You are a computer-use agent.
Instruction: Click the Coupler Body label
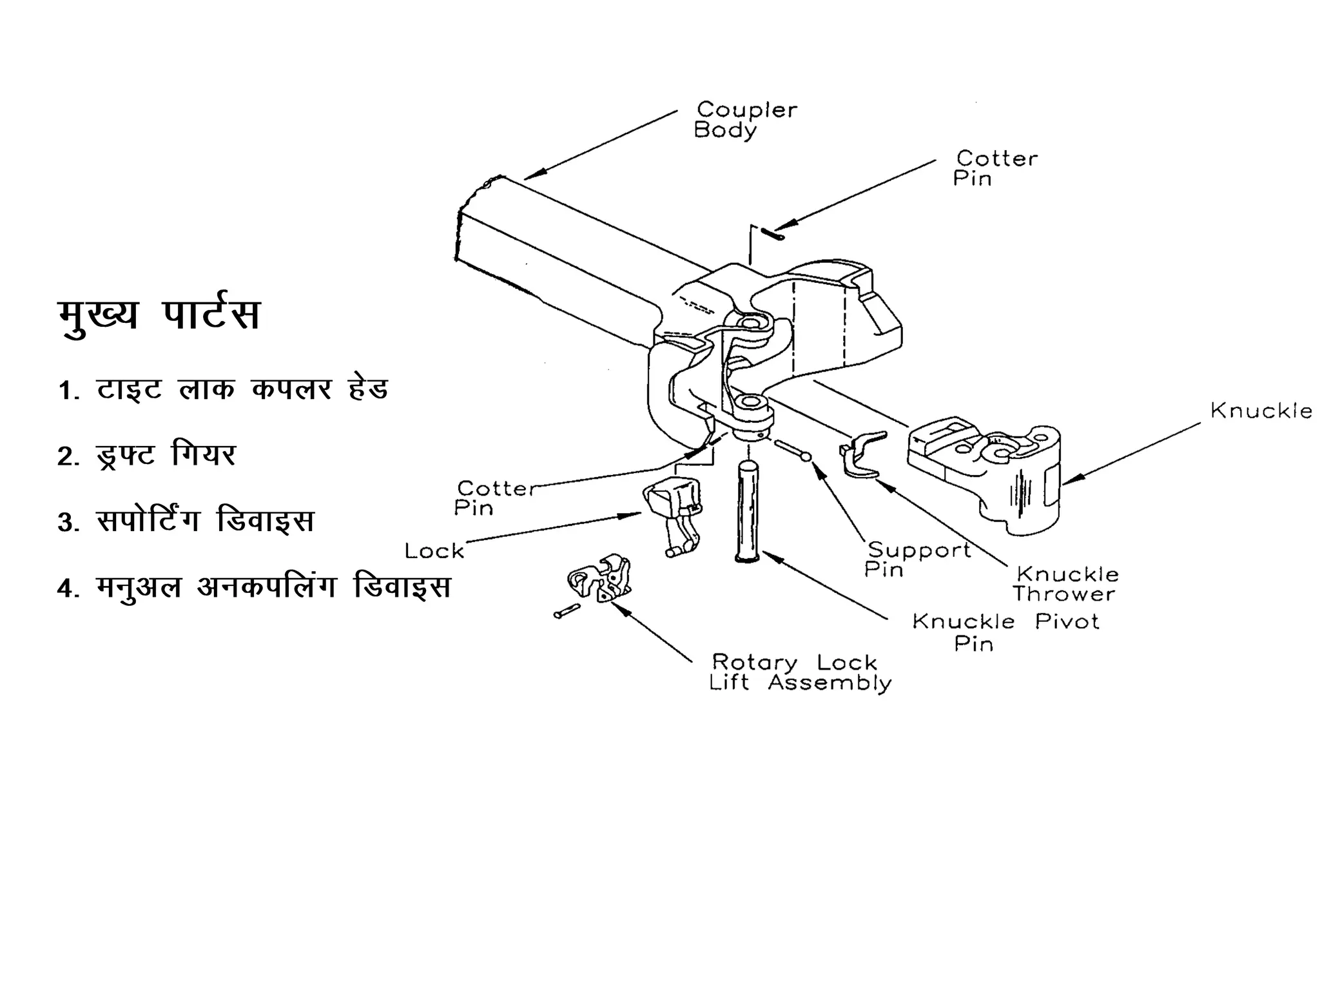pyautogui.click(x=745, y=120)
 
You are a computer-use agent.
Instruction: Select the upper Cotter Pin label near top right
pyautogui.click(x=995, y=168)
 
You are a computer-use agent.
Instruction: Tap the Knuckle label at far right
pyautogui.click(x=1261, y=411)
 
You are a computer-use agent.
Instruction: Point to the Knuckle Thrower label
pyautogui.click(x=1065, y=584)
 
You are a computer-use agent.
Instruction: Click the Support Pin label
pyautogui.click(x=918, y=559)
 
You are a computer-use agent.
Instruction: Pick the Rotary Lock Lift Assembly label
pyautogui.click(x=800, y=672)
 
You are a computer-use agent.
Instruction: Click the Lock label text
pyautogui.click(x=434, y=551)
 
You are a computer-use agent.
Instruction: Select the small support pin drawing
pyautogui.click(x=792, y=450)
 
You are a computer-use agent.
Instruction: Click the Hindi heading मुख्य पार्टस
pyautogui.click(x=159, y=315)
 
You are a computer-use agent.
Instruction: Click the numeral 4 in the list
pyautogui.click(x=65, y=588)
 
